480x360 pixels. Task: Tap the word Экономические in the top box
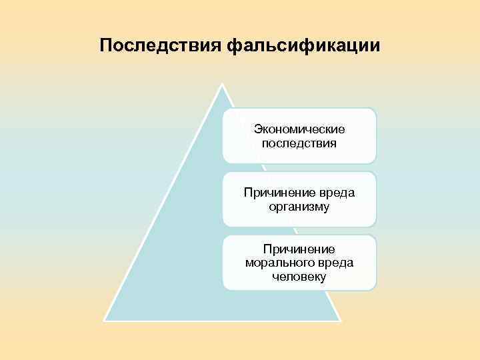299,129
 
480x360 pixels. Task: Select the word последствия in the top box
299,142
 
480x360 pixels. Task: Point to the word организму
299,207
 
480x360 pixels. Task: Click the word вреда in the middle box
337,193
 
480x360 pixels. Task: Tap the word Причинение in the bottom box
299,249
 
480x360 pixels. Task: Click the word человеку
299,277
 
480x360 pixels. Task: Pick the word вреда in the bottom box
335,263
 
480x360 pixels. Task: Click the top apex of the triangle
223,85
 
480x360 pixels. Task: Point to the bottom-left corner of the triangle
104,321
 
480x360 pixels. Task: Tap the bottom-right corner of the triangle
341,321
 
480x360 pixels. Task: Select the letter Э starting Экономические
257,129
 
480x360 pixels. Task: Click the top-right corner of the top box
375,110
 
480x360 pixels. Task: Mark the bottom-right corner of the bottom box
375,289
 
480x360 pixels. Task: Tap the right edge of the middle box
376,199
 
